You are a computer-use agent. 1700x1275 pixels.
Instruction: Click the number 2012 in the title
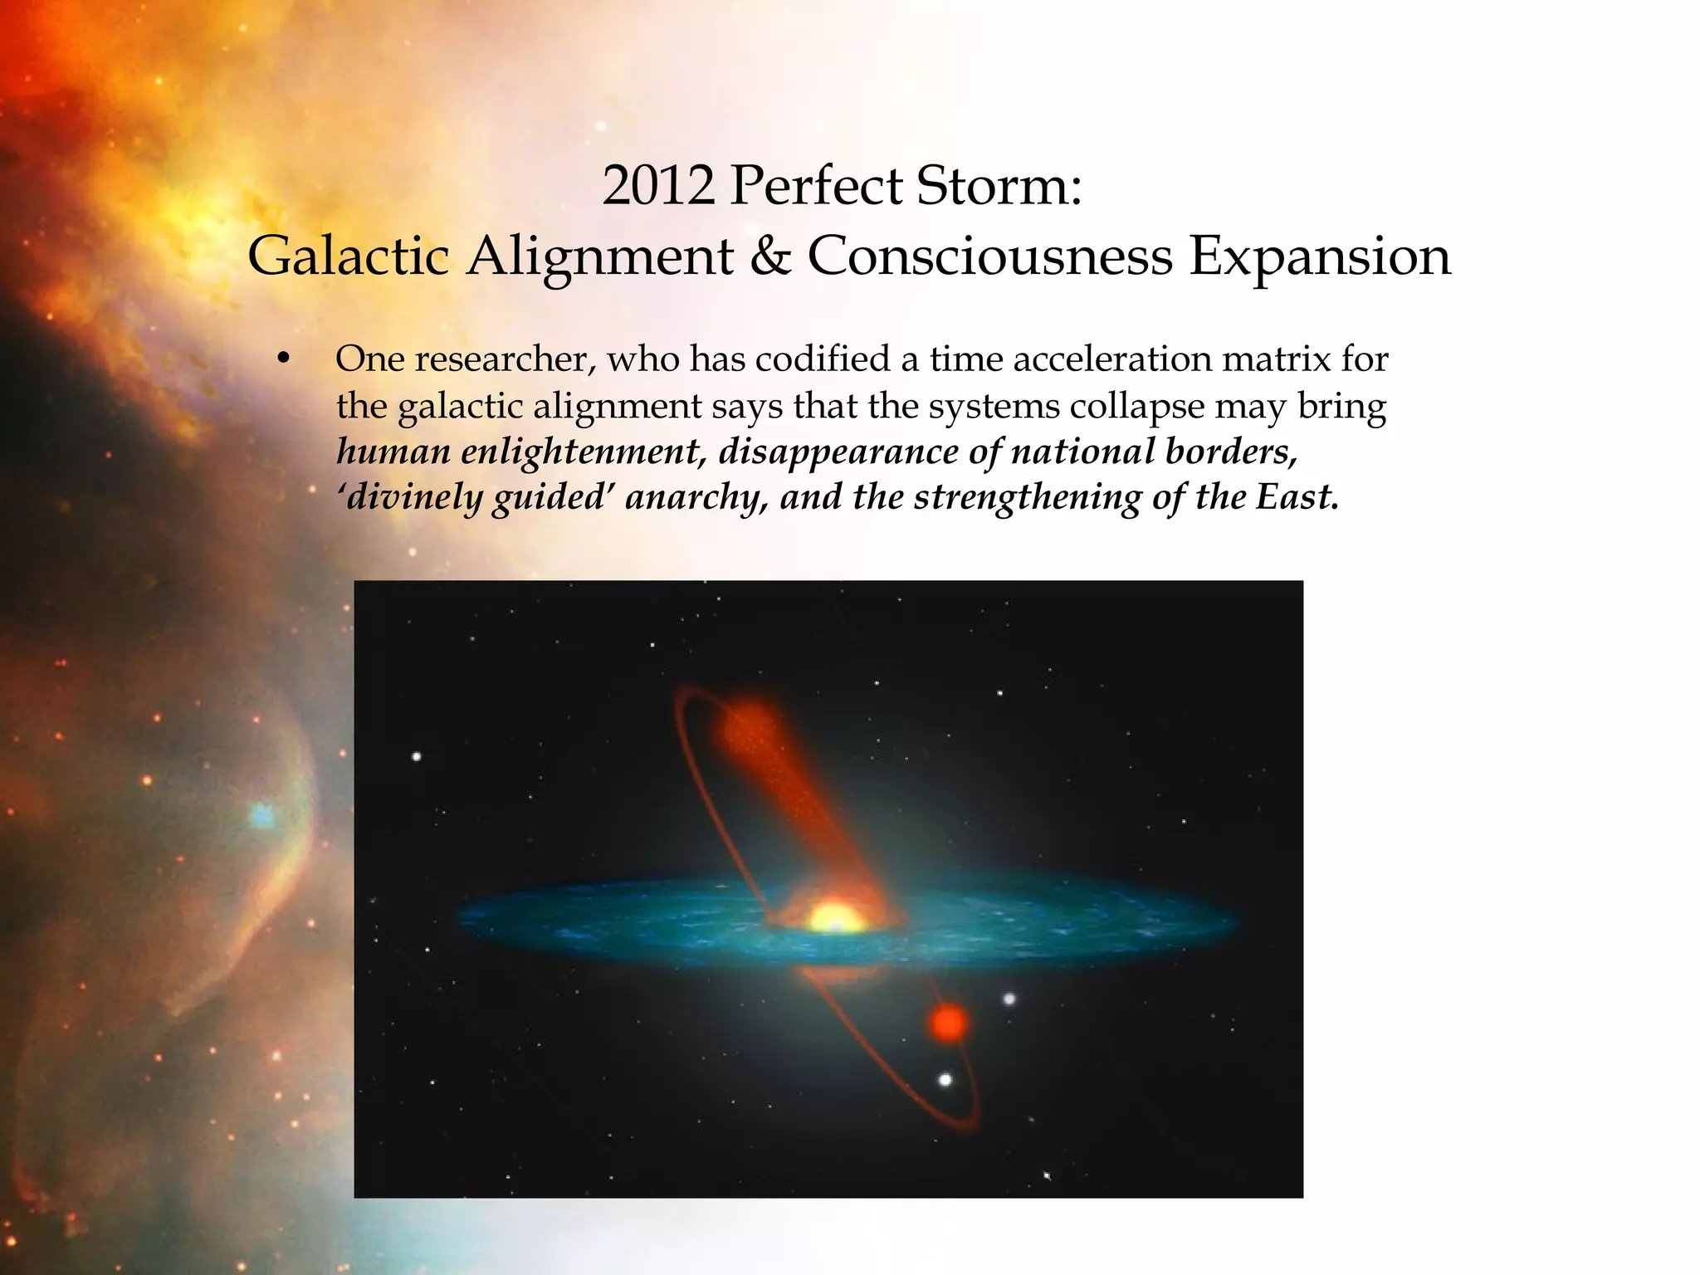pyautogui.click(x=657, y=186)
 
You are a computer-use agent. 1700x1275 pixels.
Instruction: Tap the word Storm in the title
pyautogui.click(x=992, y=186)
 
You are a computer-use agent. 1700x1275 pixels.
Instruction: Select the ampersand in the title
pyautogui.click(x=770, y=256)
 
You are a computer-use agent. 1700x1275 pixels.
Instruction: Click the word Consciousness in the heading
pyautogui.click(x=989, y=256)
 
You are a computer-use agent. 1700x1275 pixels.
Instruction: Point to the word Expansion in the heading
pyautogui.click(x=1320, y=256)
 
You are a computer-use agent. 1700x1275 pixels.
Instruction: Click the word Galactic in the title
pyautogui.click(x=349, y=256)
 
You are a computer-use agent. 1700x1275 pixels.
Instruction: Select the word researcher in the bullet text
pyautogui.click(x=506, y=359)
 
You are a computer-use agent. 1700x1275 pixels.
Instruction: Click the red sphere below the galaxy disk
pyautogui.click(x=948, y=1023)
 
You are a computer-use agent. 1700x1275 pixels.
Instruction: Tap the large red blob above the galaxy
pyautogui.click(x=752, y=730)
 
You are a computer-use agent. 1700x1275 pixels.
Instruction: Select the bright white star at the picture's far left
pyautogui.click(x=417, y=756)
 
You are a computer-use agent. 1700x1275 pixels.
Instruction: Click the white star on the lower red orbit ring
pyautogui.click(x=945, y=1080)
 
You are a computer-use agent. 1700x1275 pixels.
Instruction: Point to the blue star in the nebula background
pyautogui.click(x=263, y=815)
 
